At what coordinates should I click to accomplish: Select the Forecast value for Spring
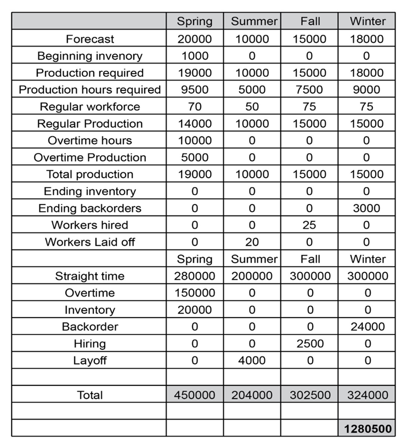tap(195, 39)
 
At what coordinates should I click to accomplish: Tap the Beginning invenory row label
tap(89, 56)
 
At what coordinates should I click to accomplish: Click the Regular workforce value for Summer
tap(252, 106)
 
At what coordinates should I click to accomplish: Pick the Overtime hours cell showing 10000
tap(195, 140)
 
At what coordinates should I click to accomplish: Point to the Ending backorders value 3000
tap(366, 208)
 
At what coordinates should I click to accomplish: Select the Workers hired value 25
tap(309, 225)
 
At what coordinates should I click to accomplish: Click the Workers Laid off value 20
tap(252, 242)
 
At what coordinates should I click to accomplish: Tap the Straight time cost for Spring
tap(195, 276)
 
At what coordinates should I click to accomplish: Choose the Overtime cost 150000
tap(195, 293)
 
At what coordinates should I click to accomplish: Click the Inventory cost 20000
tap(195, 310)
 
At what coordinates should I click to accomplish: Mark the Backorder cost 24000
tap(366, 327)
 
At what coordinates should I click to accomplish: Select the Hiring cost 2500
tap(309, 344)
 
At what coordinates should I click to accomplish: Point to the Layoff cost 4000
tap(252, 360)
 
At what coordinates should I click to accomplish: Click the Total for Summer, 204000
tap(252, 395)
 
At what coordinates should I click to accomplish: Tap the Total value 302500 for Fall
tap(309, 395)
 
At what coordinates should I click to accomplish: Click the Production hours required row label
tap(89, 90)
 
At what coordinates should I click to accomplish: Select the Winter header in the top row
tap(366, 21)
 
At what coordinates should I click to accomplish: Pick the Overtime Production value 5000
tap(195, 157)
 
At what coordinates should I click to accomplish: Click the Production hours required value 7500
tap(309, 90)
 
